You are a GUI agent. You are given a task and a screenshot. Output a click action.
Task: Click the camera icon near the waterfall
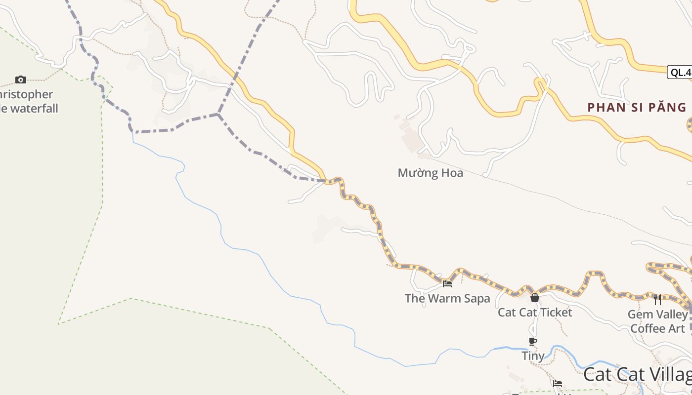[20, 79]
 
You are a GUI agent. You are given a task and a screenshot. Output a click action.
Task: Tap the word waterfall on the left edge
[34, 108]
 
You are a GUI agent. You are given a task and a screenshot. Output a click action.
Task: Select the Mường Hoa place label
[430, 173]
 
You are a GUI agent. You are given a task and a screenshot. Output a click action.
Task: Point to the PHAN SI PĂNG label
[637, 107]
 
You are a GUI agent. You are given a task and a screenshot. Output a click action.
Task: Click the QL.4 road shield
[680, 73]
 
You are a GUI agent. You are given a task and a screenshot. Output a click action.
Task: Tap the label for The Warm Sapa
[447, 298]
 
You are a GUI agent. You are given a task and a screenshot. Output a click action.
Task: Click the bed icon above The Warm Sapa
[447, 283]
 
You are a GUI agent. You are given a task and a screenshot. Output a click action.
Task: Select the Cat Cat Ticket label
[535, 312]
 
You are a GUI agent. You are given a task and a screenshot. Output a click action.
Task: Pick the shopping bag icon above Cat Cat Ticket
[535, 298]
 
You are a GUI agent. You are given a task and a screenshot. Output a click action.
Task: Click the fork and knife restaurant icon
[657, 299]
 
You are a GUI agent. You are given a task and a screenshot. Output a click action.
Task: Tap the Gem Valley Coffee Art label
[657, 321]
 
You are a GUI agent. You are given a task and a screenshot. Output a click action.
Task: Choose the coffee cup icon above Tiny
[533, 341]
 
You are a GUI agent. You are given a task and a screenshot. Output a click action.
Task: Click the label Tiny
[533, 355]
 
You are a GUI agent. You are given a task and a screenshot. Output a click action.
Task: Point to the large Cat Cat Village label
[638, 374]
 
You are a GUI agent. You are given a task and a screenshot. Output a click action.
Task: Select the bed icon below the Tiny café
[558, 383]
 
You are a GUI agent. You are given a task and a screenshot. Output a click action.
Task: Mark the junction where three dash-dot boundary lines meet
[218, 114]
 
